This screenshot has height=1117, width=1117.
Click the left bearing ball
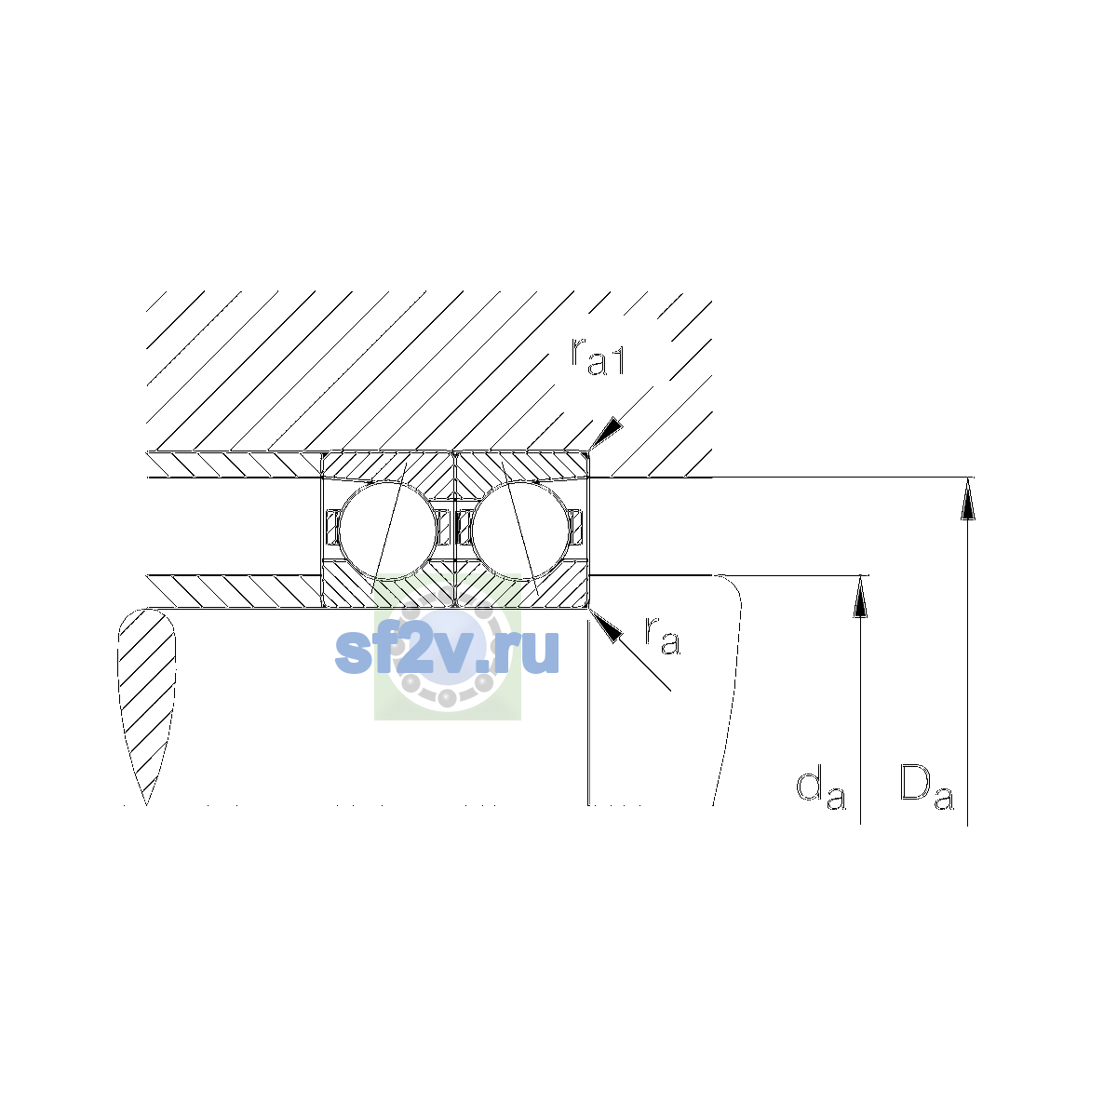[388, 530]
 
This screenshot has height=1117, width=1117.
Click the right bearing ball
[520, 530]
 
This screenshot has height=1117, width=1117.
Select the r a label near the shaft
[663, 636]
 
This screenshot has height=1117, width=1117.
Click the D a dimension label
[926, 786]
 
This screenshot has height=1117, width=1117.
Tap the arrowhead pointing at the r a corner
[606, 626]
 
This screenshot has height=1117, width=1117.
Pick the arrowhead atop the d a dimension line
[861, 597]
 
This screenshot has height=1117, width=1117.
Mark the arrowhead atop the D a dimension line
[967, 499]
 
